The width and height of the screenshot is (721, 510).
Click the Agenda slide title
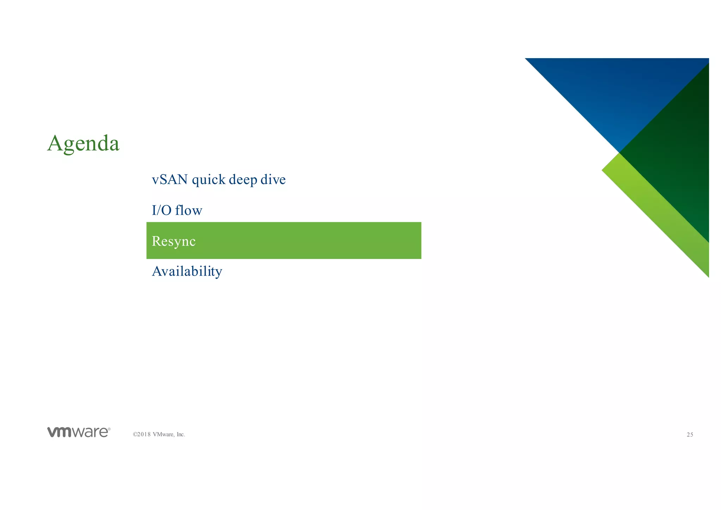click(83, 144)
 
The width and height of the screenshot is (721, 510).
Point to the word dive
click(273, 180)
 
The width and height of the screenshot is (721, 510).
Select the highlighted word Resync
click(174, 241)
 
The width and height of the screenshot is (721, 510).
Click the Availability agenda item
click(187, 271)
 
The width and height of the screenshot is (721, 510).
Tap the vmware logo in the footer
click(78, 432)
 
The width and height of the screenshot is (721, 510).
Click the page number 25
click(690, 435)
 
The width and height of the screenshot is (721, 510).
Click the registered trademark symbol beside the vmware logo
click(109, 429)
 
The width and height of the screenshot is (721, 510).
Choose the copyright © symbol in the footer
click(135, 435)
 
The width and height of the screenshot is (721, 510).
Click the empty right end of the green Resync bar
click(387, 241)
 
